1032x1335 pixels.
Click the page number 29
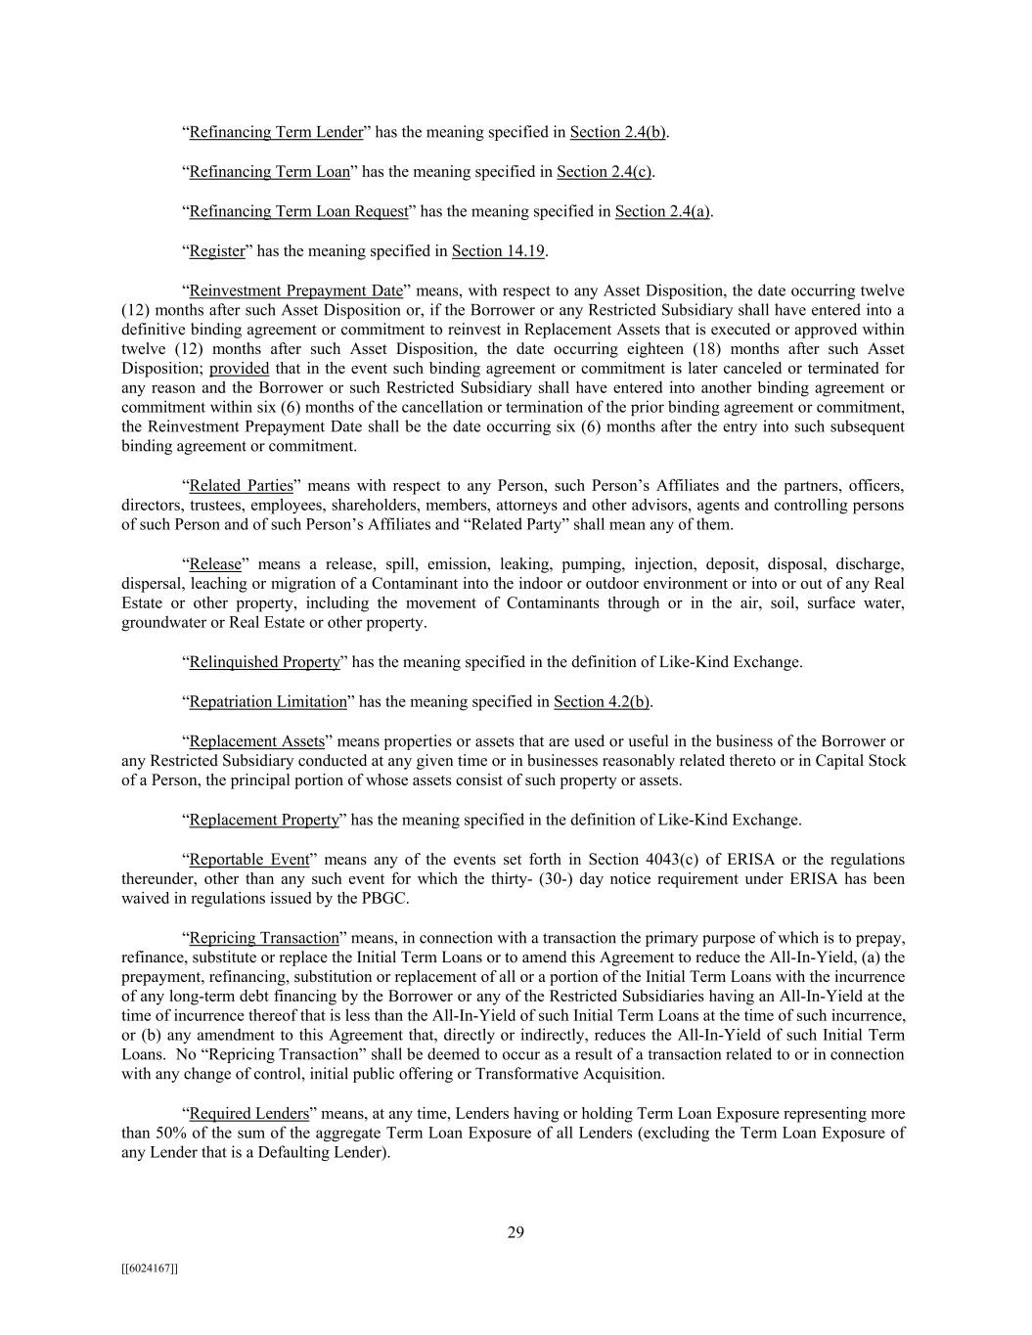pyautogui.click(x=516, y=1232)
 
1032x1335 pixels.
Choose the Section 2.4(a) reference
pyautogui.click(x=662, y=211)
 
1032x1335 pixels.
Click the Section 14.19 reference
pyautogui.click(x=498, y=251)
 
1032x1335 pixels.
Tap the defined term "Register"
pyautogui.click(x=216, y=251)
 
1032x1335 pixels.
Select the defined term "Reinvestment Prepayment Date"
pyautogui.click(x=295, y=290)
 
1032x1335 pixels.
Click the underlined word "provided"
pyautogui.click(x=239, y=369)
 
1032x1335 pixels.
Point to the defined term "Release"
pyautogui.click(x=214, y=564)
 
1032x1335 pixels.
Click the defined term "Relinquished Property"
pyautogui.click(x=264, y=662)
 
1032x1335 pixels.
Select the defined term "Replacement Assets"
pyautogui.click(x=256, y=741)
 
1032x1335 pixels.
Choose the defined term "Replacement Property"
pyautogui.click(x=263, y=820)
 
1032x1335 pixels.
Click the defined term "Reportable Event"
pyautogui.click(x=248, y=860)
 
